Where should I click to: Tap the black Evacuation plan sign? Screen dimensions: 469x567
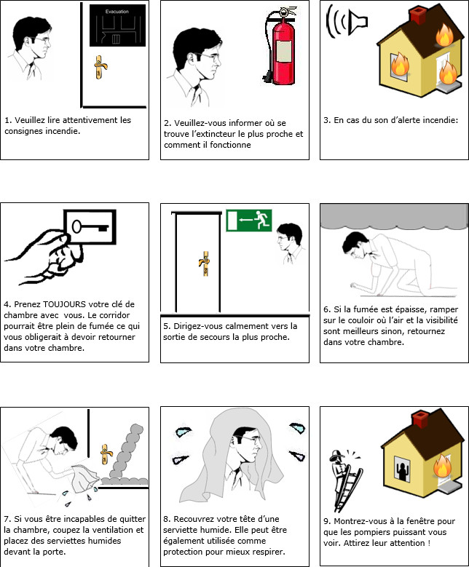coord(117,25)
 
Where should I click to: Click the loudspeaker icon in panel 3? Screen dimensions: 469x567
coord(347,22)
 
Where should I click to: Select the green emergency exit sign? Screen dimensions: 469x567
coord(249,221)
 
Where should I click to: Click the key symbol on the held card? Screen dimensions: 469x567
coord(90,227)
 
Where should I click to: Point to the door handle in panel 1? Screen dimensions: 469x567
coord(100,67)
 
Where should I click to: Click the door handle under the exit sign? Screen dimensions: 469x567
coord(205,263)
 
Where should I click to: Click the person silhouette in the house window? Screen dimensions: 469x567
coord(403,471)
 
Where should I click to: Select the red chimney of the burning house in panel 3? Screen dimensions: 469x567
coord(418,16)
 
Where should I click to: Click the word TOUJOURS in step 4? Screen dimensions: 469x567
coord(64,304)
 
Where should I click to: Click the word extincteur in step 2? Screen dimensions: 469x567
coord(215,134)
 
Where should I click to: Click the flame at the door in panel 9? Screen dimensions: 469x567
coord(442,467)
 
